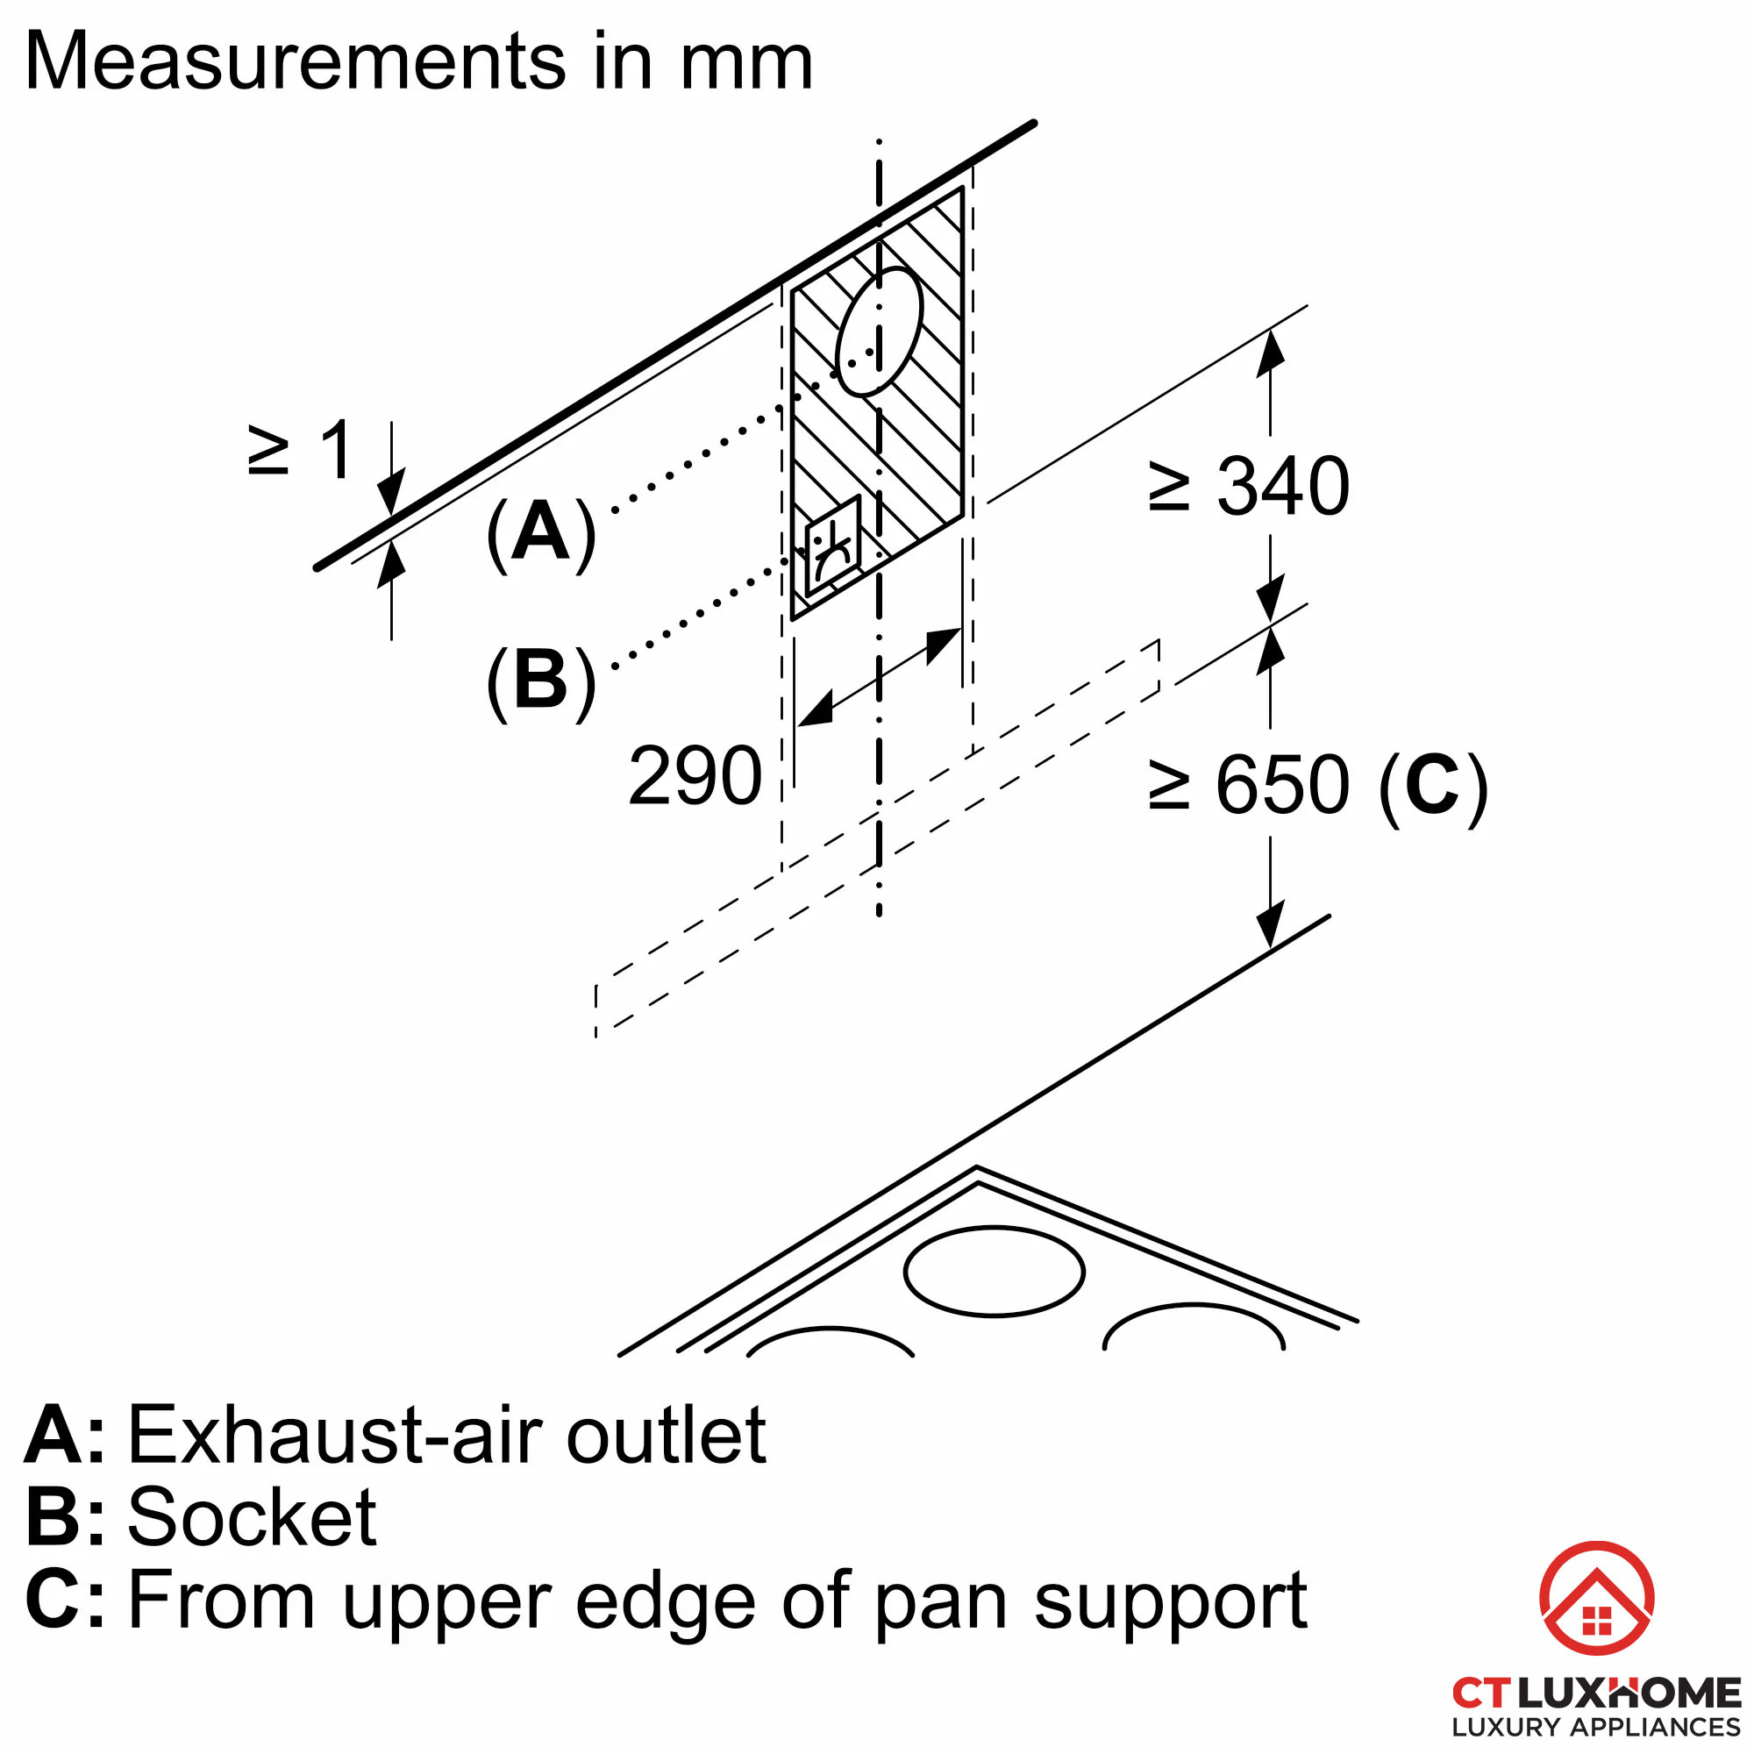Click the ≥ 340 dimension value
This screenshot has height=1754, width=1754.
pyautogui.click(x=1249, y=487)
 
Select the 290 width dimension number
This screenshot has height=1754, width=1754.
pyautogui.click(x=695, y=776)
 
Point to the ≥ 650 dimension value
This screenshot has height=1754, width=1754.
pyautogui.click(x=1249, y=785)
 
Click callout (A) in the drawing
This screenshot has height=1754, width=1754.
pyautogui.click(x=542, y=534)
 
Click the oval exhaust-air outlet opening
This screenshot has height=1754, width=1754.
pyautogui.click(x=879, y=332)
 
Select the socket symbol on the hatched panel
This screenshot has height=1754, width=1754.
pyautogui.click(x=832, y=546)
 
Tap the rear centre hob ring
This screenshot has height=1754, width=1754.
pyautogui.click(x=995, y=1272)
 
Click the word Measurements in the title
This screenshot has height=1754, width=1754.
pyautogui.click(x=296, y=61)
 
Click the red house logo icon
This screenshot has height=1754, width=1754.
pyautogui.click(x=1597, y=1598)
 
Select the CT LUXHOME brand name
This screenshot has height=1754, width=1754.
pyautogui.click(x=1597, y=1693)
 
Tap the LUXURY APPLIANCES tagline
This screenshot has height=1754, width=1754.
pyautogui.click(x=1597, y=1728)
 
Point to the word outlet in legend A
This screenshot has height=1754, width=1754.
pyautogui.click(x=667, y=1435)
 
